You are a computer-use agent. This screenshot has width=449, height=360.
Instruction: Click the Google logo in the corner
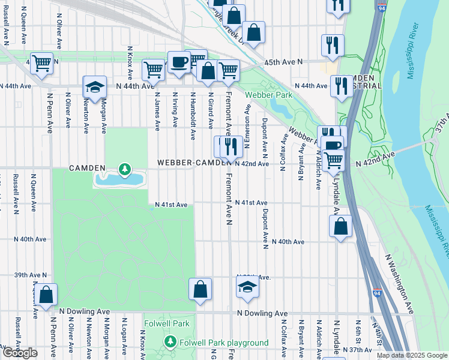point(20,353)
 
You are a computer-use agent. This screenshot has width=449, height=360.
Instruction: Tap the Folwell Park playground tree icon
point(170,343)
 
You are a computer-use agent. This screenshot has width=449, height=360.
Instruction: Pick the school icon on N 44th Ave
point(95,88)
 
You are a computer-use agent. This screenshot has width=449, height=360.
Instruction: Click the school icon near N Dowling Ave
point(247,287)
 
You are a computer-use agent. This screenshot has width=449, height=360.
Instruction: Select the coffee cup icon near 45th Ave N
point(178,62)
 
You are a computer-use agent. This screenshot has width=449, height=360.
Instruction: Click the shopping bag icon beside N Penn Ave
point(46,295)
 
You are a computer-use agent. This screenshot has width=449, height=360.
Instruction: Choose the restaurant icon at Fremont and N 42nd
point(231,145)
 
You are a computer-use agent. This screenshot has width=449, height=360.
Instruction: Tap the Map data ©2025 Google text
point(411,355)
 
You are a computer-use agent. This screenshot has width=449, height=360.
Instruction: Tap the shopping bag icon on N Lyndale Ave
point(340,227)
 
